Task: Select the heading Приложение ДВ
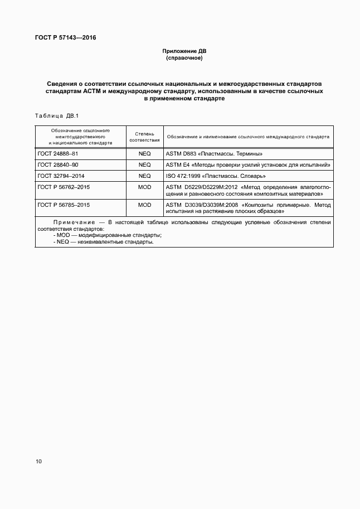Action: coord(183,51)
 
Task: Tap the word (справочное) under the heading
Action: coord(183,58)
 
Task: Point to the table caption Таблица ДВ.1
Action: coord(58,116)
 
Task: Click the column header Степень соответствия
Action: coord(144,137)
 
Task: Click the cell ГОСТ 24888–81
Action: coord(57,154)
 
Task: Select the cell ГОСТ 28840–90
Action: coord(57,165)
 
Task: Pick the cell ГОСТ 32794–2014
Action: coord(61,176)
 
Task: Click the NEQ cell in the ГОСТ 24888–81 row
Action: coord(144,154)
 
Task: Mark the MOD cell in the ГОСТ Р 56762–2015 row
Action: coord(144,187)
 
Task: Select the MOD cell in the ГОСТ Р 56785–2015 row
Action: coord(144,205)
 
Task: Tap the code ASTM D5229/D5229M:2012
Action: coord(202,187)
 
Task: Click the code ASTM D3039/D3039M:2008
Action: coord(202,205)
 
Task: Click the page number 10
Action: coord(38,461)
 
